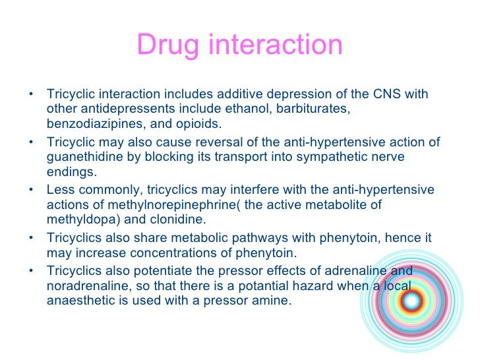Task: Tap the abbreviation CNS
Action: pyautogui.click(x=389, y=94)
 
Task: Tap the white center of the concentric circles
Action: pyautogui.click(x=412, y=301)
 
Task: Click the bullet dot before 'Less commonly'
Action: pyautogui.click(x=31, y=190)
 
